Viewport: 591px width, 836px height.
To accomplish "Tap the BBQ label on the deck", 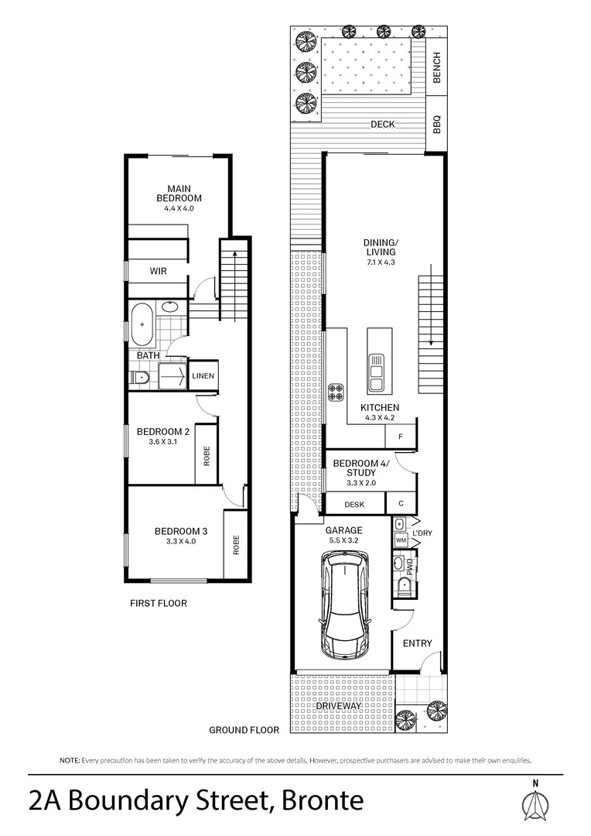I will click(x=436, y=123).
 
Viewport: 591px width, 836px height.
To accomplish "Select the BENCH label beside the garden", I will click(x=436, y=67).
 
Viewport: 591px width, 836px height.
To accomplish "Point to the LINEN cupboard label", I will click(x=203, y=376).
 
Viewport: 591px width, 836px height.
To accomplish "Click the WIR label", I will click(x=158, y=271).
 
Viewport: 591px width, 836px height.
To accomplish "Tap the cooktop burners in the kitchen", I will click(x=337, y=392).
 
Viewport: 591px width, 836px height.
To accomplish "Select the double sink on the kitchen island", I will click(x=376, y=372).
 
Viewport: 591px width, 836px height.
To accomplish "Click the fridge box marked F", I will click(x=401, y=437).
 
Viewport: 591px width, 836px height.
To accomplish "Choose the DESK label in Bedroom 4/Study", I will click(x=354, y=504).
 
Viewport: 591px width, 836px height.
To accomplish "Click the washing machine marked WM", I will click(x=401, y=540).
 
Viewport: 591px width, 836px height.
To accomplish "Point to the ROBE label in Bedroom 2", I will click(x=207, y=457).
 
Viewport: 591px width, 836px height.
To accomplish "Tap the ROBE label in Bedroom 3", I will click(x=235, y=546).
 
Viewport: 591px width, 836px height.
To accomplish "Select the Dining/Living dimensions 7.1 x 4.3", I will click(x=380, y=262).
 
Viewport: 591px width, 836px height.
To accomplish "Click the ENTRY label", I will click(x=418, y=643).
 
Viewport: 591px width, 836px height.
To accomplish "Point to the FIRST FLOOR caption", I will click(x=159, y=603).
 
